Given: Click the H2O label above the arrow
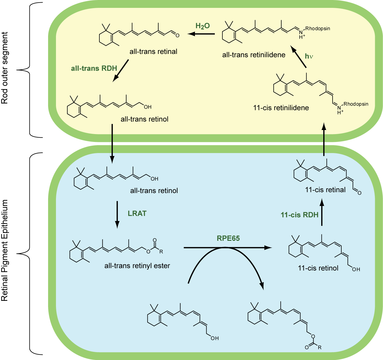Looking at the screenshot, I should point(203,26).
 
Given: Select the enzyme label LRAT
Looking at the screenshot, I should point(137,213).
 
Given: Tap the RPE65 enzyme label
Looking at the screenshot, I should point(228,238).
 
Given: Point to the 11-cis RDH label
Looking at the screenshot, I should point(299,215).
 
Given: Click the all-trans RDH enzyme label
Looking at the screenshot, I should point(94,68).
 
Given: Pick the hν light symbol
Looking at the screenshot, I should point(309,56).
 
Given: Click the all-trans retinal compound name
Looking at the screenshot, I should point(153,52).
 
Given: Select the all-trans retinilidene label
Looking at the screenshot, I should point(254,55).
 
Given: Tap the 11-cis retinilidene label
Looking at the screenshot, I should point(281,108).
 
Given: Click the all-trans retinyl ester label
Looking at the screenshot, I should point(137,266).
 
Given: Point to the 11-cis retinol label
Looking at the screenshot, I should point(318,268).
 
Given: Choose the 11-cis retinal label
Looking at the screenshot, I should point(325,190).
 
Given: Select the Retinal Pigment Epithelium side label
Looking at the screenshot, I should point(5,251).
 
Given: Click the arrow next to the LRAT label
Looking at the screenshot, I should point(117,214).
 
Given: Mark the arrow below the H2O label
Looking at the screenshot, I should point(201,34).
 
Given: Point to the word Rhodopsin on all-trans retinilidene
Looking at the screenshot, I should point(318,29).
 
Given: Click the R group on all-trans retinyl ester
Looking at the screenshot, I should point(161,251).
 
